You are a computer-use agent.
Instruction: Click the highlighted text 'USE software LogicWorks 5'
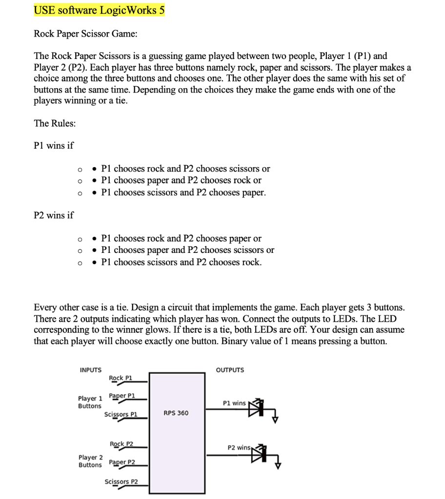click(99, 10)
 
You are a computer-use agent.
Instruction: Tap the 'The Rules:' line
click(55, 123)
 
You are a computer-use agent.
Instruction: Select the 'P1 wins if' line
click(54, 145)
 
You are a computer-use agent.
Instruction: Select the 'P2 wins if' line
click(54, 215)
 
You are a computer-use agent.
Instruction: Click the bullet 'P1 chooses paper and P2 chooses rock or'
click(181, 180)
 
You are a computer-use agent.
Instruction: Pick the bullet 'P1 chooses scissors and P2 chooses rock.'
click(181, 262)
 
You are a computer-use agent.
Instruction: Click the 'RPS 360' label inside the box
click(176, 413)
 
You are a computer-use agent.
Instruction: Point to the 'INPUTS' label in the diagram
click(91, 370)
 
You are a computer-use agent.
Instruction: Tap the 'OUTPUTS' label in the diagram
click(230, 370)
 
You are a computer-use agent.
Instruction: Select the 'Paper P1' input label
click(122, 396)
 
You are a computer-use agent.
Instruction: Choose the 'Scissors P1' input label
click(121, 415)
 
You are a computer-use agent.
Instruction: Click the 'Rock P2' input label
click(121, 444)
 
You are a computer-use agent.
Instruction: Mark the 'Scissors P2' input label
click(121, 482)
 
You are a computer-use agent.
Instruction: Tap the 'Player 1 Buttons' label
click(90, 402)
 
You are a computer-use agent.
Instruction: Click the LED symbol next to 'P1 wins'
click(257, 408)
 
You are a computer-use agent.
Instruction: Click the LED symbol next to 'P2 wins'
click(258, 454)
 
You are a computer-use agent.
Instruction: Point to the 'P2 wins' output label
click(239, 447)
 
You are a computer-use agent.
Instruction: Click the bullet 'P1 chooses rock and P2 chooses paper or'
click(181, 238)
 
